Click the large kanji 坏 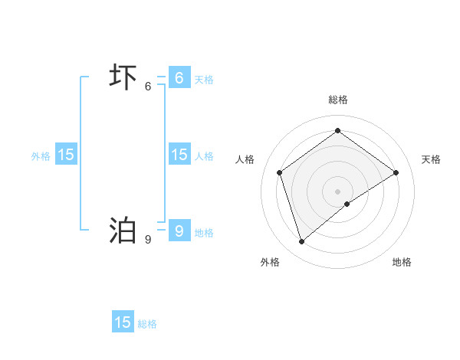point(123,78)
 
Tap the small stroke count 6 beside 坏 point(148,87)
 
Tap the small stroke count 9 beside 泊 point(148,240)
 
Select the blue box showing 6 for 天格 point(179,78)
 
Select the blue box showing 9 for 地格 point(179,231)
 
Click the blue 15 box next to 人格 point(179,155)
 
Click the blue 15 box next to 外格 point(66,155)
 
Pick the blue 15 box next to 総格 point(123,322)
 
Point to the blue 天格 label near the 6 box point(204,80)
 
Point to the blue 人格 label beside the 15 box point(204,156)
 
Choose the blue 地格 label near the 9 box point(204,233)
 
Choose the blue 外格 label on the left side point(41,156)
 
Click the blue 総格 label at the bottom point(147,324)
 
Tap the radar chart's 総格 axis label point(338,100)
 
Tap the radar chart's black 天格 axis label point(431,159)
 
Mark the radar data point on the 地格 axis point(347,204)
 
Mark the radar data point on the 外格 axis point(302,242)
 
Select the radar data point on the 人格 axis point(280,172)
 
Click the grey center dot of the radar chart point(338,191)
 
